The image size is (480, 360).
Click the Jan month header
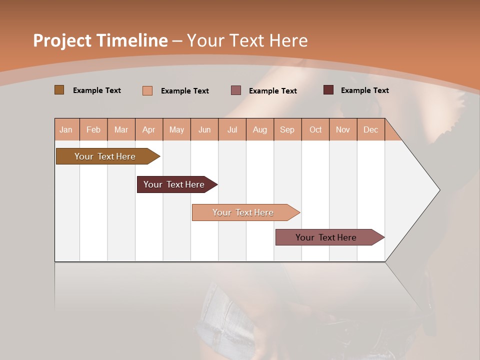pos(66,129)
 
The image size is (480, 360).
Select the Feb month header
pos(93,129)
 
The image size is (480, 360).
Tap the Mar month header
pos(121,129)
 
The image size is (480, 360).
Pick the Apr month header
pos(149,129)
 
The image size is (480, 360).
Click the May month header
pos(176,129)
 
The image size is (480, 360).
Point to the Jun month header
pos(204,129)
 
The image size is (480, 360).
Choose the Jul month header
pos(232,129)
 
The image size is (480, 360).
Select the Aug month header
pos(260,129)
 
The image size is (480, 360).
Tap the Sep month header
pos(287,129)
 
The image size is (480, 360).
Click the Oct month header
pos(315,129)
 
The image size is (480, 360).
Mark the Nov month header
pos(343,129)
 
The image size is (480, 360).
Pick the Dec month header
pos(371,129)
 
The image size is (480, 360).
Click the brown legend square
pos(59,90)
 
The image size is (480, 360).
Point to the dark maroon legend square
pos(328,90)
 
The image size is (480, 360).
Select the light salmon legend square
pos(147,90)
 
